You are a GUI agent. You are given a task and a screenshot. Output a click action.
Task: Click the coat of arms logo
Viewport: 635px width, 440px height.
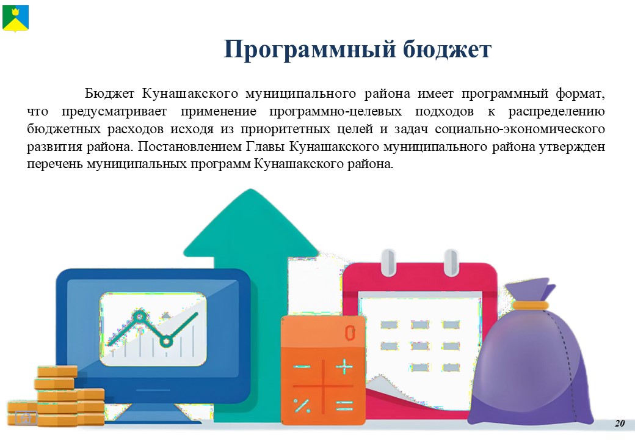pos(15,18)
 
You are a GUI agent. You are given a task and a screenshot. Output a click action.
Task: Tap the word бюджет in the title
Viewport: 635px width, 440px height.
pos(447,50)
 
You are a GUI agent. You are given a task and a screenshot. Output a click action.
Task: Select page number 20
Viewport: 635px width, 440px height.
pos(620,423)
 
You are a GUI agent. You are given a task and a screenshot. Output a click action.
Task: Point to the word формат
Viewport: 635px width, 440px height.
pos(580,94)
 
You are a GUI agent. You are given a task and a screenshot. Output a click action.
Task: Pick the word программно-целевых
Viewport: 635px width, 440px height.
pos(335,111)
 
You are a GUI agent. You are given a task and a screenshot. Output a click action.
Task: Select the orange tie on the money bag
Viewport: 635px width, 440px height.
pos(530,305)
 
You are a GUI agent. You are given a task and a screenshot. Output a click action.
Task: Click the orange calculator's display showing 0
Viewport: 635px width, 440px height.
pos(350,333)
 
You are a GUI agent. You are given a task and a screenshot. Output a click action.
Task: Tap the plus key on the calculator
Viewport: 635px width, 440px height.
pos(344,366)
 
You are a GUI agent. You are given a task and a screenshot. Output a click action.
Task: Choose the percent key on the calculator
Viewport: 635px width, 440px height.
pos(302,405)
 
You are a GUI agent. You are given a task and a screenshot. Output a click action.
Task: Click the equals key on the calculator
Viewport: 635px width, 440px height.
pos(344,406)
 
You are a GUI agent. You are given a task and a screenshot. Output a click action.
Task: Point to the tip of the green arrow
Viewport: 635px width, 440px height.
pos(251,189)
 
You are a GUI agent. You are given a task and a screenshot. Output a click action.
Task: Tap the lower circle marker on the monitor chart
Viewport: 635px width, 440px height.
pos(165,341)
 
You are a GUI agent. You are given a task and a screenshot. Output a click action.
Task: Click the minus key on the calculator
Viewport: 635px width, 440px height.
pos(302,367)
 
